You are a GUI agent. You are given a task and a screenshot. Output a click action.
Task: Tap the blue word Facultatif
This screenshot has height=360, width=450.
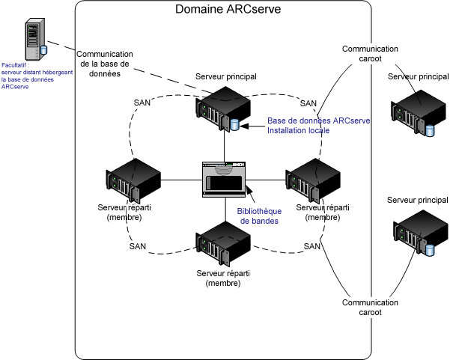[x=17, y=65]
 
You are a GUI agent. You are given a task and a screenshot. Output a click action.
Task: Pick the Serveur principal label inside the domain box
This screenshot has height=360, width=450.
[x=226, y=77]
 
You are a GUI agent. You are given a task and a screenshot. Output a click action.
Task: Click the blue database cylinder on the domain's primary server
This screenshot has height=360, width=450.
[x=235, y=123]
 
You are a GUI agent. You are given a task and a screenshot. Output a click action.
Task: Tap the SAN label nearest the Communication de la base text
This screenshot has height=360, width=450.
[x=142, y=102]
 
